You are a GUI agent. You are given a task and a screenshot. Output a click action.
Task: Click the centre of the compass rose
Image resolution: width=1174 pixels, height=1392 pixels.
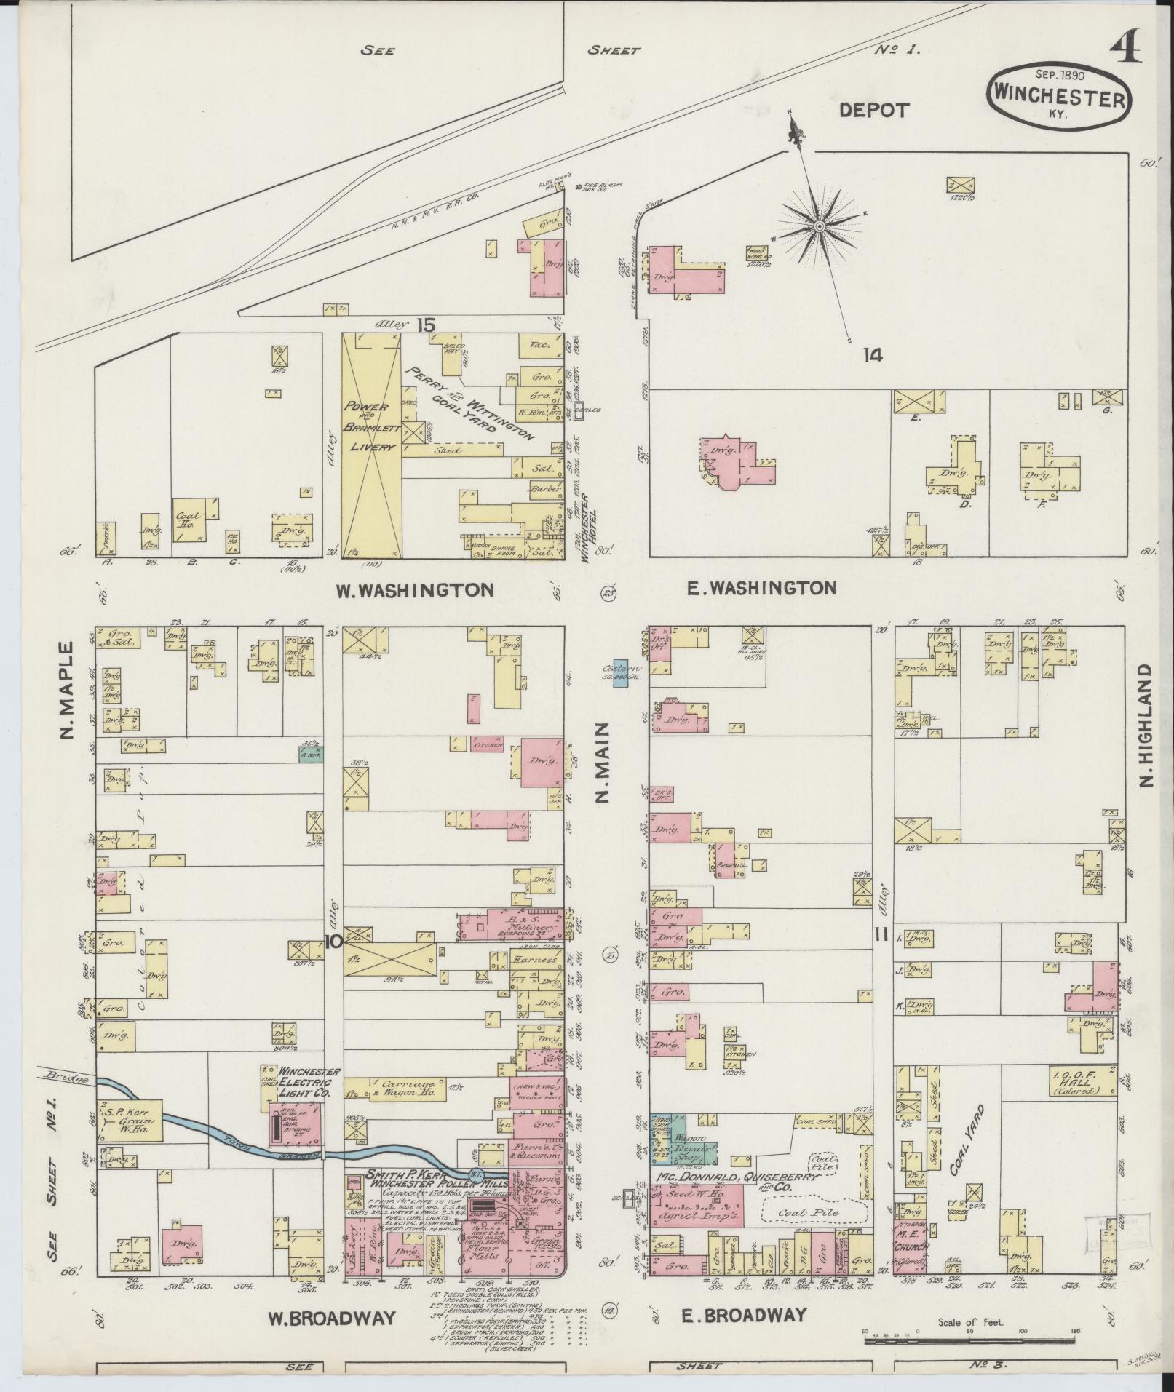(820, 227)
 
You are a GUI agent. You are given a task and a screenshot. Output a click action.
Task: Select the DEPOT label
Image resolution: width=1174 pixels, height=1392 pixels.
(874, 111)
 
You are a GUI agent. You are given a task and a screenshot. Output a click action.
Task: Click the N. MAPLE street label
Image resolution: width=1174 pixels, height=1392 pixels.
(68, 689)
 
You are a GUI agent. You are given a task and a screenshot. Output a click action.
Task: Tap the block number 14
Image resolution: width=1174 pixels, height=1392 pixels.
(873, 355)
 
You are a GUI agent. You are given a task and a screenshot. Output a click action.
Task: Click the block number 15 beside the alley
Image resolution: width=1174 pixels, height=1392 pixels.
(426, 325)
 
